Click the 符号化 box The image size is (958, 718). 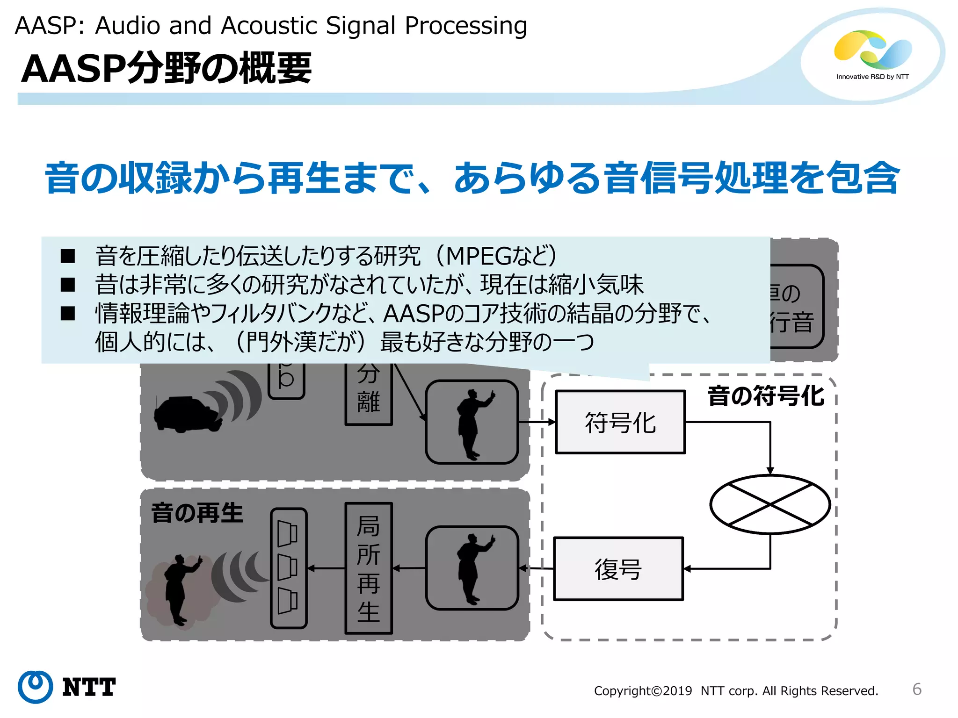point(620,422)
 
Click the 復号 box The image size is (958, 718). point(618,569)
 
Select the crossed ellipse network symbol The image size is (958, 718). point(769,504)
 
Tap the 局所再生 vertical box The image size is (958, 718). point(368,568)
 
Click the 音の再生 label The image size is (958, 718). point(197,513)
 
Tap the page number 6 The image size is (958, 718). point(916,689)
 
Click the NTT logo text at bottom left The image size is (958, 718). point(88,687)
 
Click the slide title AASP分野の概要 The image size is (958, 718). point(166,69)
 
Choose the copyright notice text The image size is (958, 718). point(736,691)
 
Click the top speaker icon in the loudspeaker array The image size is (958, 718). point(287,533)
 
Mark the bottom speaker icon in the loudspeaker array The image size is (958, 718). point(287,601)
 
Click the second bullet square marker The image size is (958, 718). point(68,285)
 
